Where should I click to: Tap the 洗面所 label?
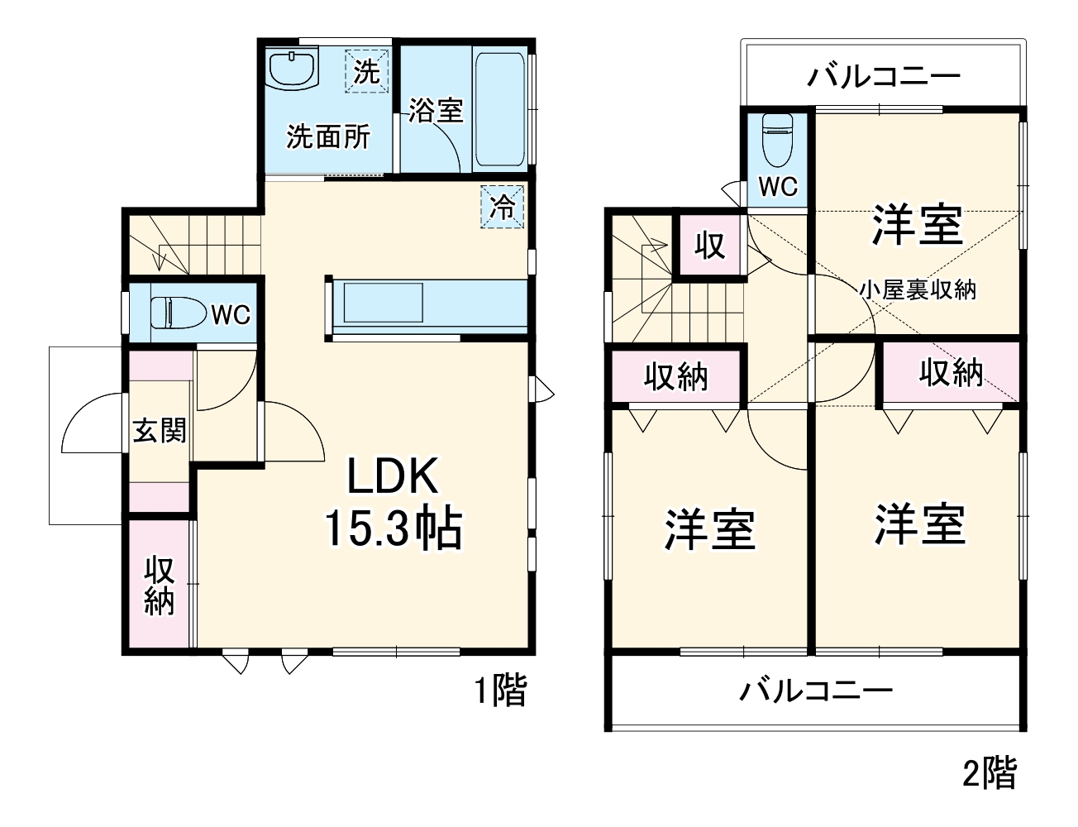click(x=328, y=136)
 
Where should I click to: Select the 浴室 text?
click(x=435, y=111)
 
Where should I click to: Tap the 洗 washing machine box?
click(x=366, y=72)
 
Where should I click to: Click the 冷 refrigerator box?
click(x=503, y=206)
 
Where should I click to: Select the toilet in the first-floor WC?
click(x=176, y=313)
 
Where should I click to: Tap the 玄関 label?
click(x=160, y=430)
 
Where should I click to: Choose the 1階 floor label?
click(x=499, y=691)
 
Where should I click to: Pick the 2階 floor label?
click(x=989, y=773)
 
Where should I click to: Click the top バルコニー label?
click(x=884, y=77)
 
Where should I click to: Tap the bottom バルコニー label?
click(x=815, y=690)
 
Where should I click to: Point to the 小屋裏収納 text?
click(x=917, y=289)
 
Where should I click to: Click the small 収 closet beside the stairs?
click(x=709, y=245)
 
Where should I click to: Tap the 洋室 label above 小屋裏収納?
click(x=917, y=224)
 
